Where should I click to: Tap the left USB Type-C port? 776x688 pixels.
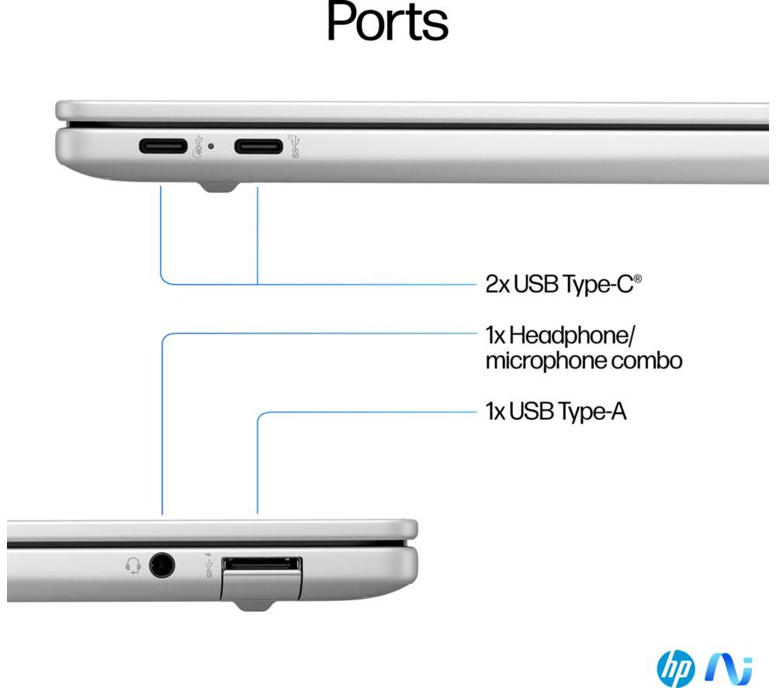pos(163,147)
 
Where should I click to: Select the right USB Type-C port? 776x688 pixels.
pos(258,147)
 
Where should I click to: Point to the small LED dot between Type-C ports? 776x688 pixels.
pos(211,146)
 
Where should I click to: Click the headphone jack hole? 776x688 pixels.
pos(162,565)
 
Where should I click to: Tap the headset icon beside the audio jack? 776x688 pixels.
pos(133,565)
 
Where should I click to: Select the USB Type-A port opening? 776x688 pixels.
pos(262,565)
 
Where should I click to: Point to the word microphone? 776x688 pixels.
pos(546,361)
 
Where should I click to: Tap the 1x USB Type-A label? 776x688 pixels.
pos(556,412)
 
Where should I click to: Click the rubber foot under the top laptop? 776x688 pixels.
pos(218,188)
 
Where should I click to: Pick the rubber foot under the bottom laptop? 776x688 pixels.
pos(255,606)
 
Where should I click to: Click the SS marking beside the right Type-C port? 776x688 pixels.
pos(296,147)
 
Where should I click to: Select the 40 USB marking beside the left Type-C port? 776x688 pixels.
pos(198,147)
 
